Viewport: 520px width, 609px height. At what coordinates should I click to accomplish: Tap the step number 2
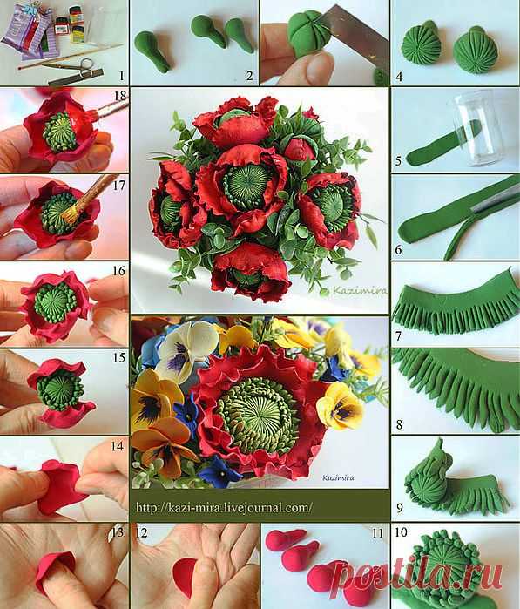(x=249, y=75)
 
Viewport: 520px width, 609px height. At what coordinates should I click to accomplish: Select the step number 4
(x=399, y=77)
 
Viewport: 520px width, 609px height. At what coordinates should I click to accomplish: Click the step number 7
(x=398, y=335)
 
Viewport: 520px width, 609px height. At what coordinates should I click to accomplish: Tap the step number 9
(x=400, y=508)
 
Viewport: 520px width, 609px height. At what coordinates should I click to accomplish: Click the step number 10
(x=401, y=531)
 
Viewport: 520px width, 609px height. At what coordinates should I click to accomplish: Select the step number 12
(x=141, y=532)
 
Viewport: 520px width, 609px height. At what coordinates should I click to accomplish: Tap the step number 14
(x=118, y=446)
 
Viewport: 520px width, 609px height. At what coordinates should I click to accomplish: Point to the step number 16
(x=118, y=270)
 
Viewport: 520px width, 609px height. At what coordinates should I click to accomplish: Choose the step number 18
(x=120, y=96)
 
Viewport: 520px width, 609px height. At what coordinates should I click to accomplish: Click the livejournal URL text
(x=224, y=507)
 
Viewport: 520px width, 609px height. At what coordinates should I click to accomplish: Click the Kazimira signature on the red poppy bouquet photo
(x=359, y=290)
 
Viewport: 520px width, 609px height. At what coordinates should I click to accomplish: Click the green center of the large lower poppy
(x=259, y=416)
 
